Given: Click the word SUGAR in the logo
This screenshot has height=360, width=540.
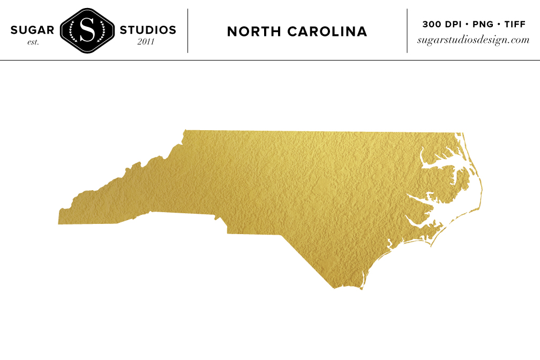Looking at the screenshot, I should click(32, 30).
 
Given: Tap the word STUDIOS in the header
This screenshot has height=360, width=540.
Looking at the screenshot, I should click(148, 30).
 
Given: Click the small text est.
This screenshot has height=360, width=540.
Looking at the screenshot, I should click(33, 42).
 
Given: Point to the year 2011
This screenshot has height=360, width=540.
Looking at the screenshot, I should click(146, 42).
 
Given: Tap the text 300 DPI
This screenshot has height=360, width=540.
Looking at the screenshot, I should click(438, 24).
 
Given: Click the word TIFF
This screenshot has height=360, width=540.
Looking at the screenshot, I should click(514, 24).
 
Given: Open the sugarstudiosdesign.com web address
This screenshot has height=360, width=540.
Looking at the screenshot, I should click(474, 40).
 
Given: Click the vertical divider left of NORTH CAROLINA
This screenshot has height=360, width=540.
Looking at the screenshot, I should click(188, 31).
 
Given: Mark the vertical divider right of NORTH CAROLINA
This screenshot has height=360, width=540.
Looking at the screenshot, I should click(407, 31).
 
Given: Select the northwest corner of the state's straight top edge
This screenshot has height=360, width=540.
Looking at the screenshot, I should click(185, 130).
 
